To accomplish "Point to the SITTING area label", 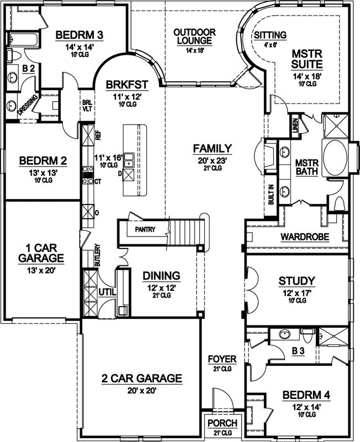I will point(270,35).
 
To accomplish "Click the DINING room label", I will point(161,275).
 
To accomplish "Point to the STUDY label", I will point(297,281).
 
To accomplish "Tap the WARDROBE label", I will point(305,237).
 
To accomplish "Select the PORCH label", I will point(222,423).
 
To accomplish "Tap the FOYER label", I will point(222,360).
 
